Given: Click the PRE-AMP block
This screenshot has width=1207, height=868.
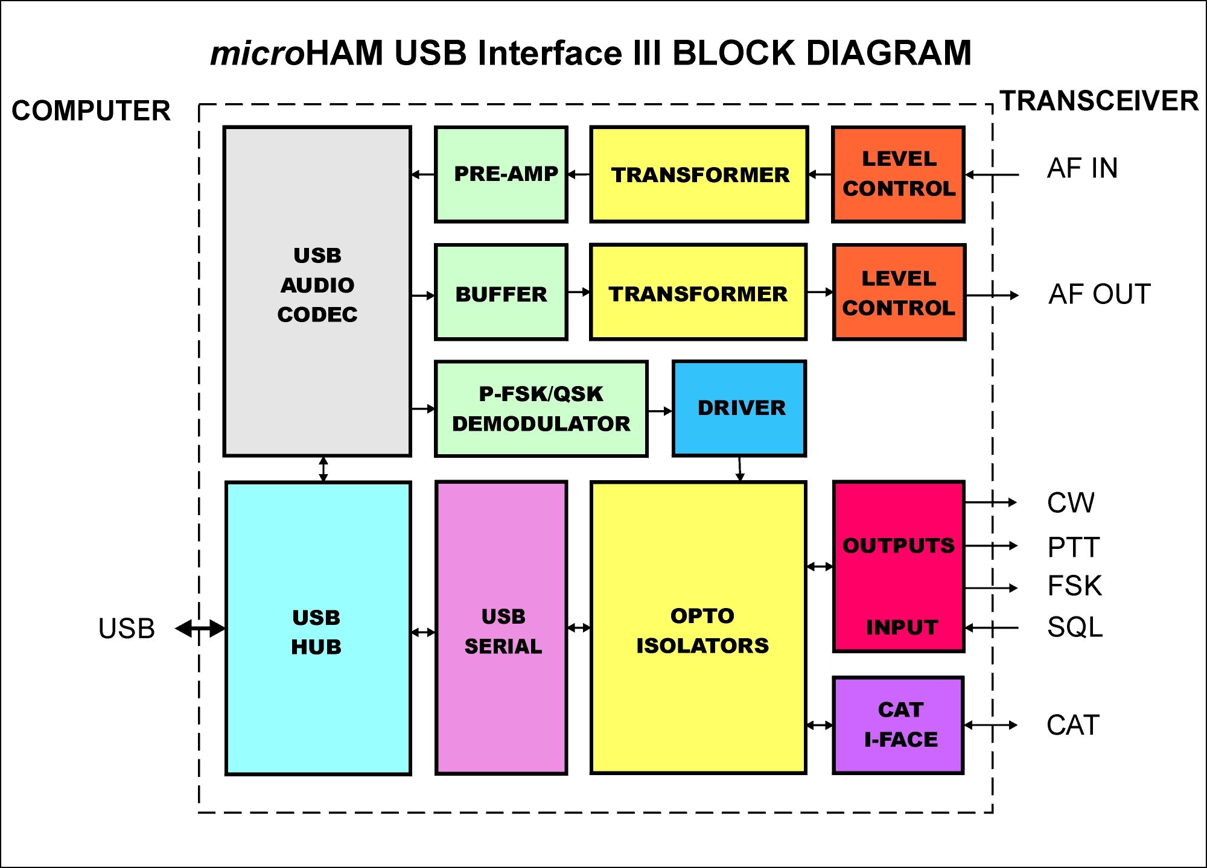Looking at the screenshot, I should pos(501,174).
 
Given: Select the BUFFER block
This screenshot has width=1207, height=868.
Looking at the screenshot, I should pos(501,293).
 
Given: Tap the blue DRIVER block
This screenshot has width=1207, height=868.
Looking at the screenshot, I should pos(739,408).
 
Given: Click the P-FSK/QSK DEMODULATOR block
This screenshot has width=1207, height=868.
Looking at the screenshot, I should pos(541,409).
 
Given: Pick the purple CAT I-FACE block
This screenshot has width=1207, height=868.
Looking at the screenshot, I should pos(899,725).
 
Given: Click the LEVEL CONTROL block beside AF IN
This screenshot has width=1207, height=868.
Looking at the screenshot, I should pos(898,174).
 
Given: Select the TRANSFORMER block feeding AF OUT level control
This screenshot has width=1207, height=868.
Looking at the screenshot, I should pos(698,293).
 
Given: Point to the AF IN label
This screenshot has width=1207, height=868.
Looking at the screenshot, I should pos(1082,168).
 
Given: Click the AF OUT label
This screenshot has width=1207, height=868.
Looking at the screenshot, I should pos(1100,294).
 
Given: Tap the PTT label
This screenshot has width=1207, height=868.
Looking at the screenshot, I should pos(1074,547).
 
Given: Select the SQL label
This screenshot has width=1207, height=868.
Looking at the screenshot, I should pos(1075,627).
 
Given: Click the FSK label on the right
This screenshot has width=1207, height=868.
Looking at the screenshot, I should pos(1074,586).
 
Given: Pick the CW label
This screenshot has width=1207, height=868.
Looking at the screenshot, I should pos(1071,503).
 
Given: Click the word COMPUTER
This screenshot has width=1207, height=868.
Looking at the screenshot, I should pos(91,111).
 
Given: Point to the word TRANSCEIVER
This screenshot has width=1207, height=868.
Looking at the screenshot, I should pos(1099,101).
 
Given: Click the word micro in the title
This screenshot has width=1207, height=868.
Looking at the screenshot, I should pos(258,54).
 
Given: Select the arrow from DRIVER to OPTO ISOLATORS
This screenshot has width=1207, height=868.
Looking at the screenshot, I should pos(740,469).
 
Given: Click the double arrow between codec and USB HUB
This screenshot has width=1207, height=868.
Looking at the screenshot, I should pos(323,469).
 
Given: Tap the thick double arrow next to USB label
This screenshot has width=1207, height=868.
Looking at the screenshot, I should pos(200,629).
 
